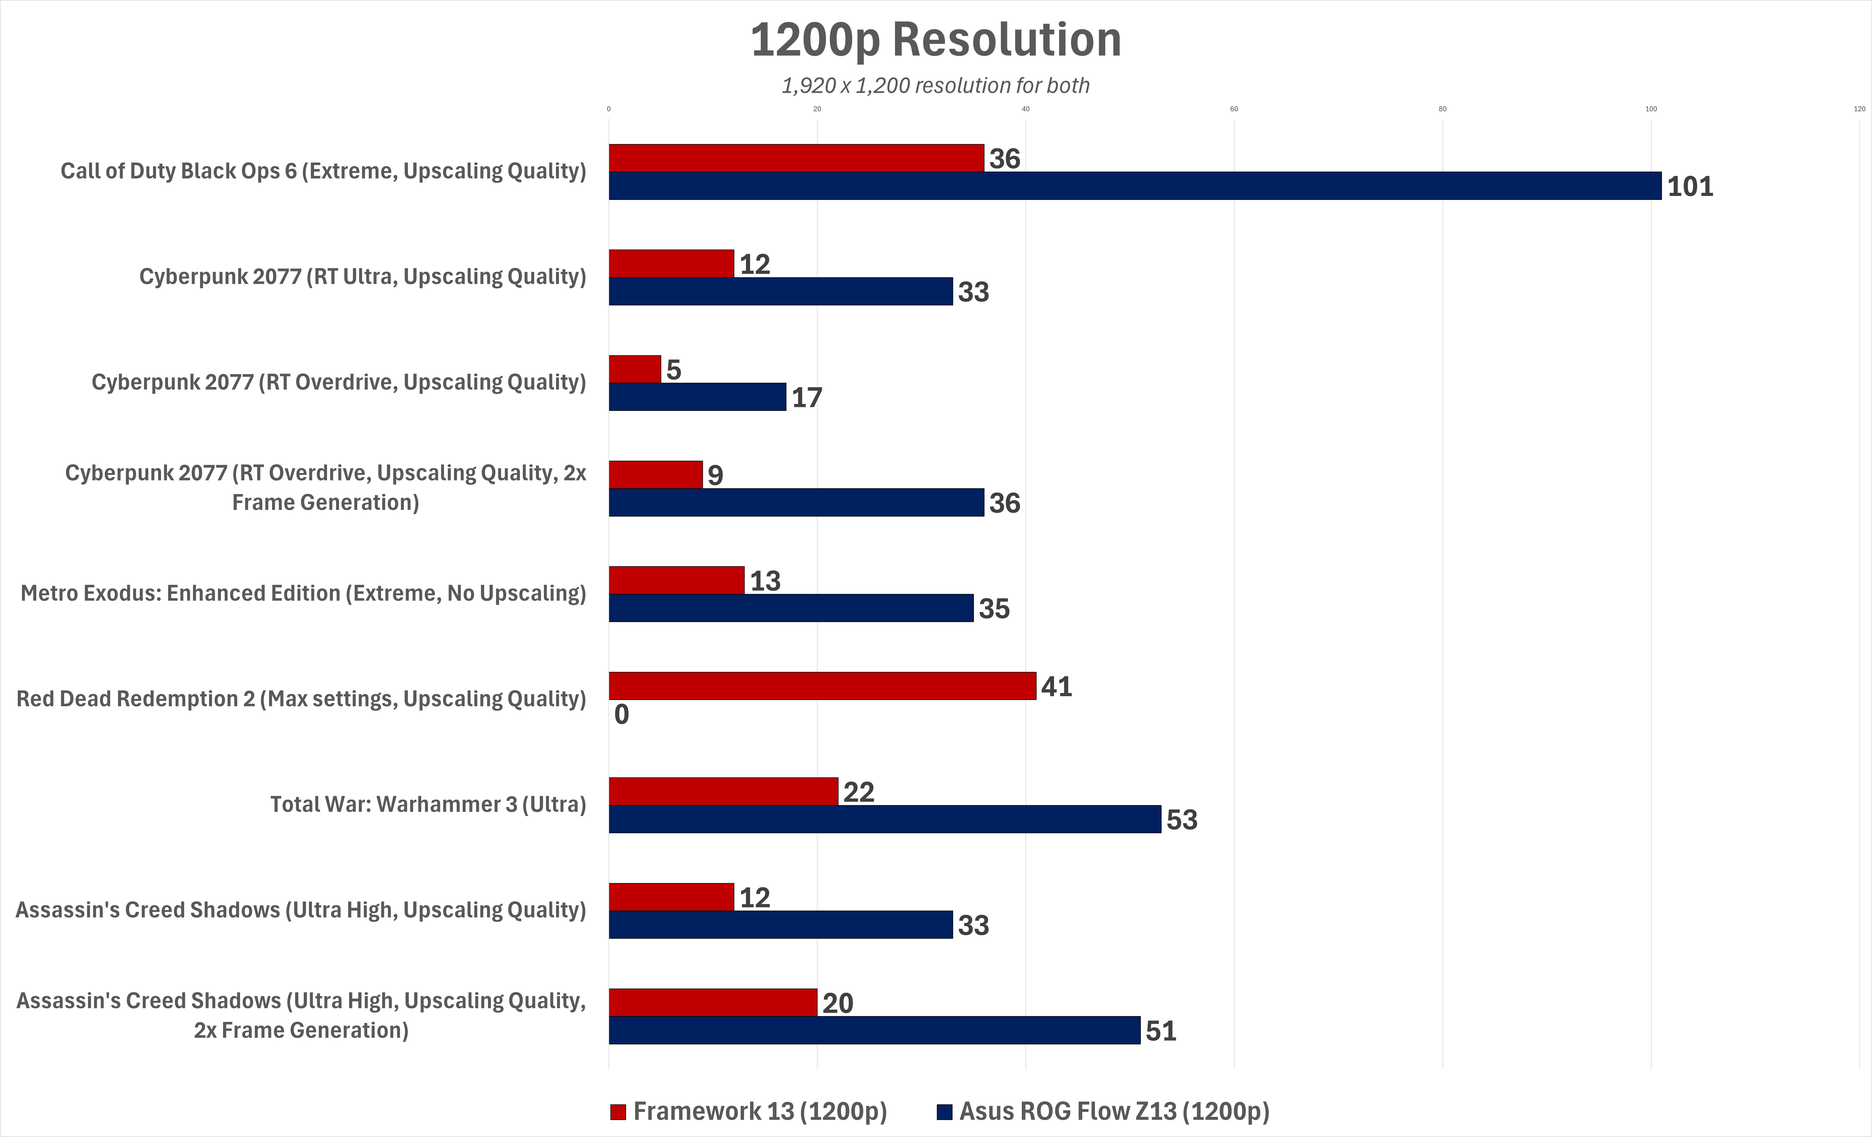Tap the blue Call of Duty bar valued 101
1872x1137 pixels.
coord(1135,186)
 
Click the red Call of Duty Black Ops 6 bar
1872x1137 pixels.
coord(796,158)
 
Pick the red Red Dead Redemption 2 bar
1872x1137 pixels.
coord(822,686)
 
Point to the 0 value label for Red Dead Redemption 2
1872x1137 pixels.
coord(622,715)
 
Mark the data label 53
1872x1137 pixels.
coord(1182,820)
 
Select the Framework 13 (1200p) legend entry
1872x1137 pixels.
coord(748,1111)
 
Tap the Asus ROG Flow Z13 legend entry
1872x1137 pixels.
coord(1103,1111)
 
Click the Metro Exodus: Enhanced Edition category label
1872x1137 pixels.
coord(303,593)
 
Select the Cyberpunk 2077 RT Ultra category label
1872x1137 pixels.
coord(362,276)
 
